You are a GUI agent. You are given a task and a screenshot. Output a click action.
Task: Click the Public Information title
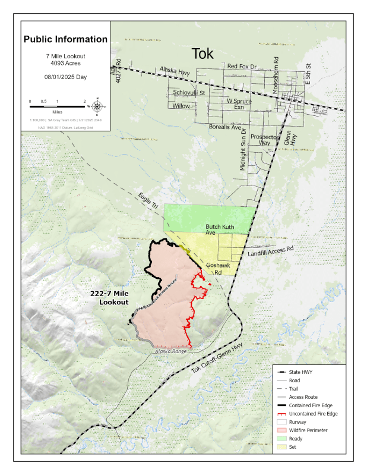click(65, 40)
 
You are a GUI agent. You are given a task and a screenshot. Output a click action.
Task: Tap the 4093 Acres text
click(65, 62)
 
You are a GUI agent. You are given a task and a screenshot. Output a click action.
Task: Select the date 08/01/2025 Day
click(65, 77)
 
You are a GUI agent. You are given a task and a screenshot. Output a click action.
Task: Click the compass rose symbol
click(97, 107)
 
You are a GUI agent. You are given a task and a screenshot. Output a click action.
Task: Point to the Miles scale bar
click(57, 106)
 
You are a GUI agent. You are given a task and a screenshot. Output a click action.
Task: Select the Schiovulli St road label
click(189, 93)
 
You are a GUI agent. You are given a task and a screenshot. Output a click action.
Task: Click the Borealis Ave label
click(225, 127)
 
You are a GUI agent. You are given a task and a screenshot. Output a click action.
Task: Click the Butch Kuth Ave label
click(219, 229)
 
